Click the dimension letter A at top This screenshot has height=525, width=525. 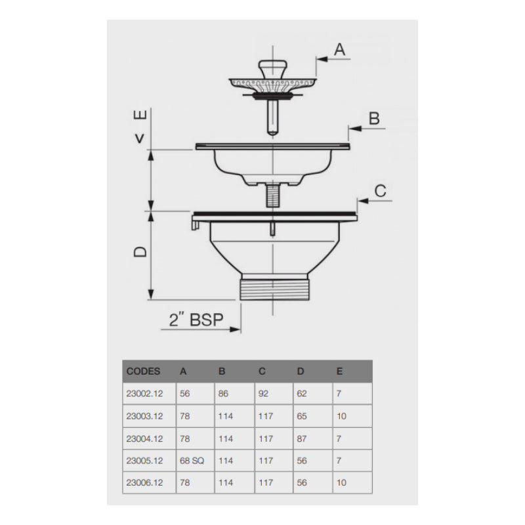[339, 49]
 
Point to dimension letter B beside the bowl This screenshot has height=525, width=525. [374, 118]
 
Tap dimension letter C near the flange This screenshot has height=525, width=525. [380, 191]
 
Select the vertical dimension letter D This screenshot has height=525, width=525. [140, 251]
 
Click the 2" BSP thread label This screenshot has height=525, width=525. [196, 320]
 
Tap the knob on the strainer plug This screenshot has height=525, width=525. [270, 67]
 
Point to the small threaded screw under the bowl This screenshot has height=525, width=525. [270, 196]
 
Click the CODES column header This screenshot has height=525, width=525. [143, 371]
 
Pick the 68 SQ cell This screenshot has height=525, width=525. [192, 461]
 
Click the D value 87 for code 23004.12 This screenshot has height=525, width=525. [302, 438]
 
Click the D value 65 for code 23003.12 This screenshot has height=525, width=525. [302, 416]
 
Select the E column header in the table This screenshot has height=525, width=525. [339, 371]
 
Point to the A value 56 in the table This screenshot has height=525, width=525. [184, 394]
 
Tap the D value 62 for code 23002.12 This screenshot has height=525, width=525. [302, 394]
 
